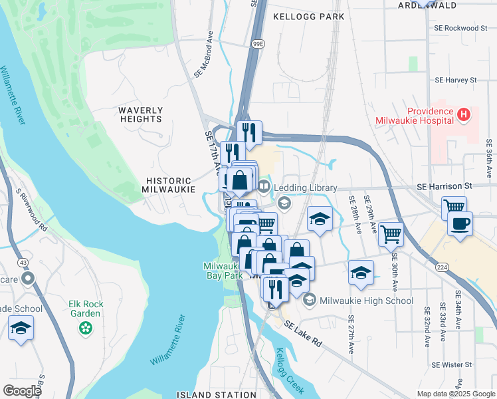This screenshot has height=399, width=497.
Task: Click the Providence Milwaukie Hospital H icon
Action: coord(464,116)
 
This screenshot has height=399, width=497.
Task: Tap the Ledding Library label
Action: coord(306,189)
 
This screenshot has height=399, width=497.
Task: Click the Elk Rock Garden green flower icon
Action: coord(85,327)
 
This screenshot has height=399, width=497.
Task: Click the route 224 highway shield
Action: coord(441,266)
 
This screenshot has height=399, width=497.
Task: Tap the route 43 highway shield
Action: coord(25,263)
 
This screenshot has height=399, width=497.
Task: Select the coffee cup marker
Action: coord(459,225)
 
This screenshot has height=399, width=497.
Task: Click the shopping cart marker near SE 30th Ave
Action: coord(391,234)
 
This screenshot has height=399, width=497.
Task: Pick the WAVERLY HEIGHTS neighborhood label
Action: coord(141,114)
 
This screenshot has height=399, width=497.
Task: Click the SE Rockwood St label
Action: coord(460,29)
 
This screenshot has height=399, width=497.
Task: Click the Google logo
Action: coord(22,391)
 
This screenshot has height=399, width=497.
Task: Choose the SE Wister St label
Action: coord(451,364)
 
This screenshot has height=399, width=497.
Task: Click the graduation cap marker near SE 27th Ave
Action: coord(361,273)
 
